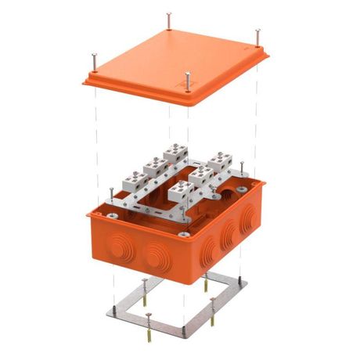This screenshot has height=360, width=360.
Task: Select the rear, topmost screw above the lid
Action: pyautogui.click(x=169, y=19)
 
